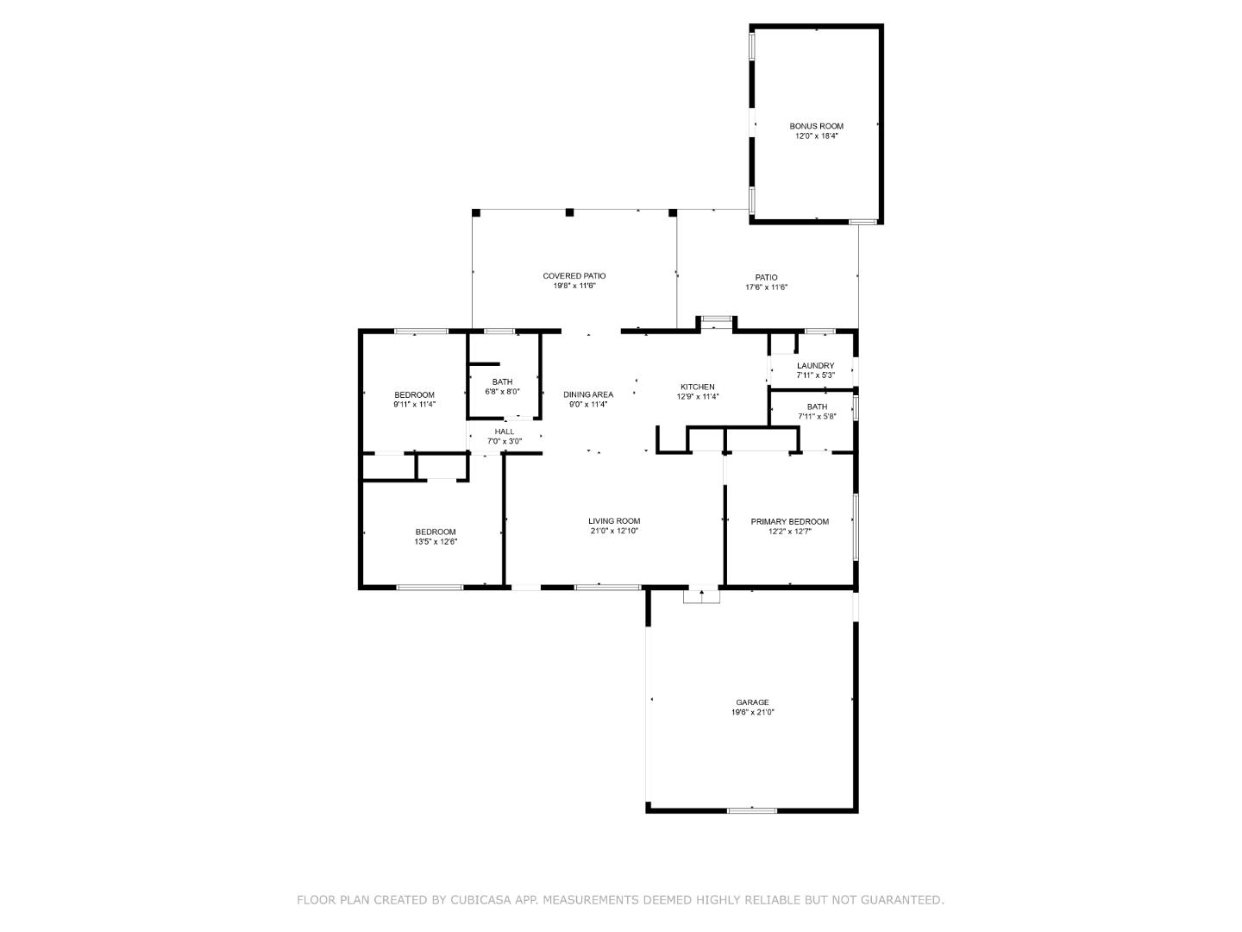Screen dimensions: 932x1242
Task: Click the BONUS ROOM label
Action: [x=816, y=126]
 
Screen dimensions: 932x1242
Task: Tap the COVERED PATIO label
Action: [x=574, y=276]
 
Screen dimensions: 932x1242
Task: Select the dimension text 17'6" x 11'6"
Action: [x=766, y=287]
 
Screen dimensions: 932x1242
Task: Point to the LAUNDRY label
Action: [x=815, y=366]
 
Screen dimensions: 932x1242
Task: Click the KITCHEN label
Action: [x=697, y=387]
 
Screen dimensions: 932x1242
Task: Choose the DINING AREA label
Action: [x=588, y=394]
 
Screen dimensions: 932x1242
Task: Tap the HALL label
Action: [x=504, y=431]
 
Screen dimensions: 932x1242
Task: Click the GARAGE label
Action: [x=752, y=702]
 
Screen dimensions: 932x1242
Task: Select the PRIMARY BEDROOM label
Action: [x=789, y=521]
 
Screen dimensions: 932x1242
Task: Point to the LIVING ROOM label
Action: [x=614, y=520]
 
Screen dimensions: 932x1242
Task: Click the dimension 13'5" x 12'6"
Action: [x=436, y=542]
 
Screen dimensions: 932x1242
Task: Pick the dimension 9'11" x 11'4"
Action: [x=414, y=404]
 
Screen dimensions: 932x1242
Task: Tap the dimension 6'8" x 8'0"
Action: [x=502, y=391]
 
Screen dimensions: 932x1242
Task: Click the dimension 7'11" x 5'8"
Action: [x=816, y=416]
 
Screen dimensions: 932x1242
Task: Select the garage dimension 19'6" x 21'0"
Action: [x=752, y=713]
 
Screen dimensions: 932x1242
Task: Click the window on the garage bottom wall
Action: [x=752, y=809]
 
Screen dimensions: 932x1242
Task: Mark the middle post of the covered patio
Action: [x=569, y=212]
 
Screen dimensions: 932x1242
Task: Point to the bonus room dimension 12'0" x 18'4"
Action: [x=816, y=136]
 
